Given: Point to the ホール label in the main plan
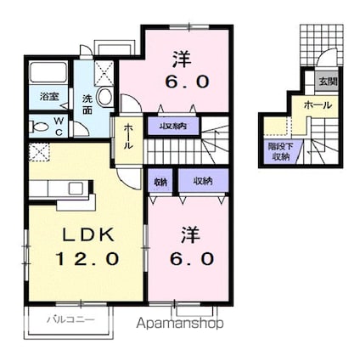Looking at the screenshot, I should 128,137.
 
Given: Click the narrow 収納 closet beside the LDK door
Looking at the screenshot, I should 160,181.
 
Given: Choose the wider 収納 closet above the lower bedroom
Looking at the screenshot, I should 202,181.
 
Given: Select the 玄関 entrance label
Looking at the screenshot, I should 326,81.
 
